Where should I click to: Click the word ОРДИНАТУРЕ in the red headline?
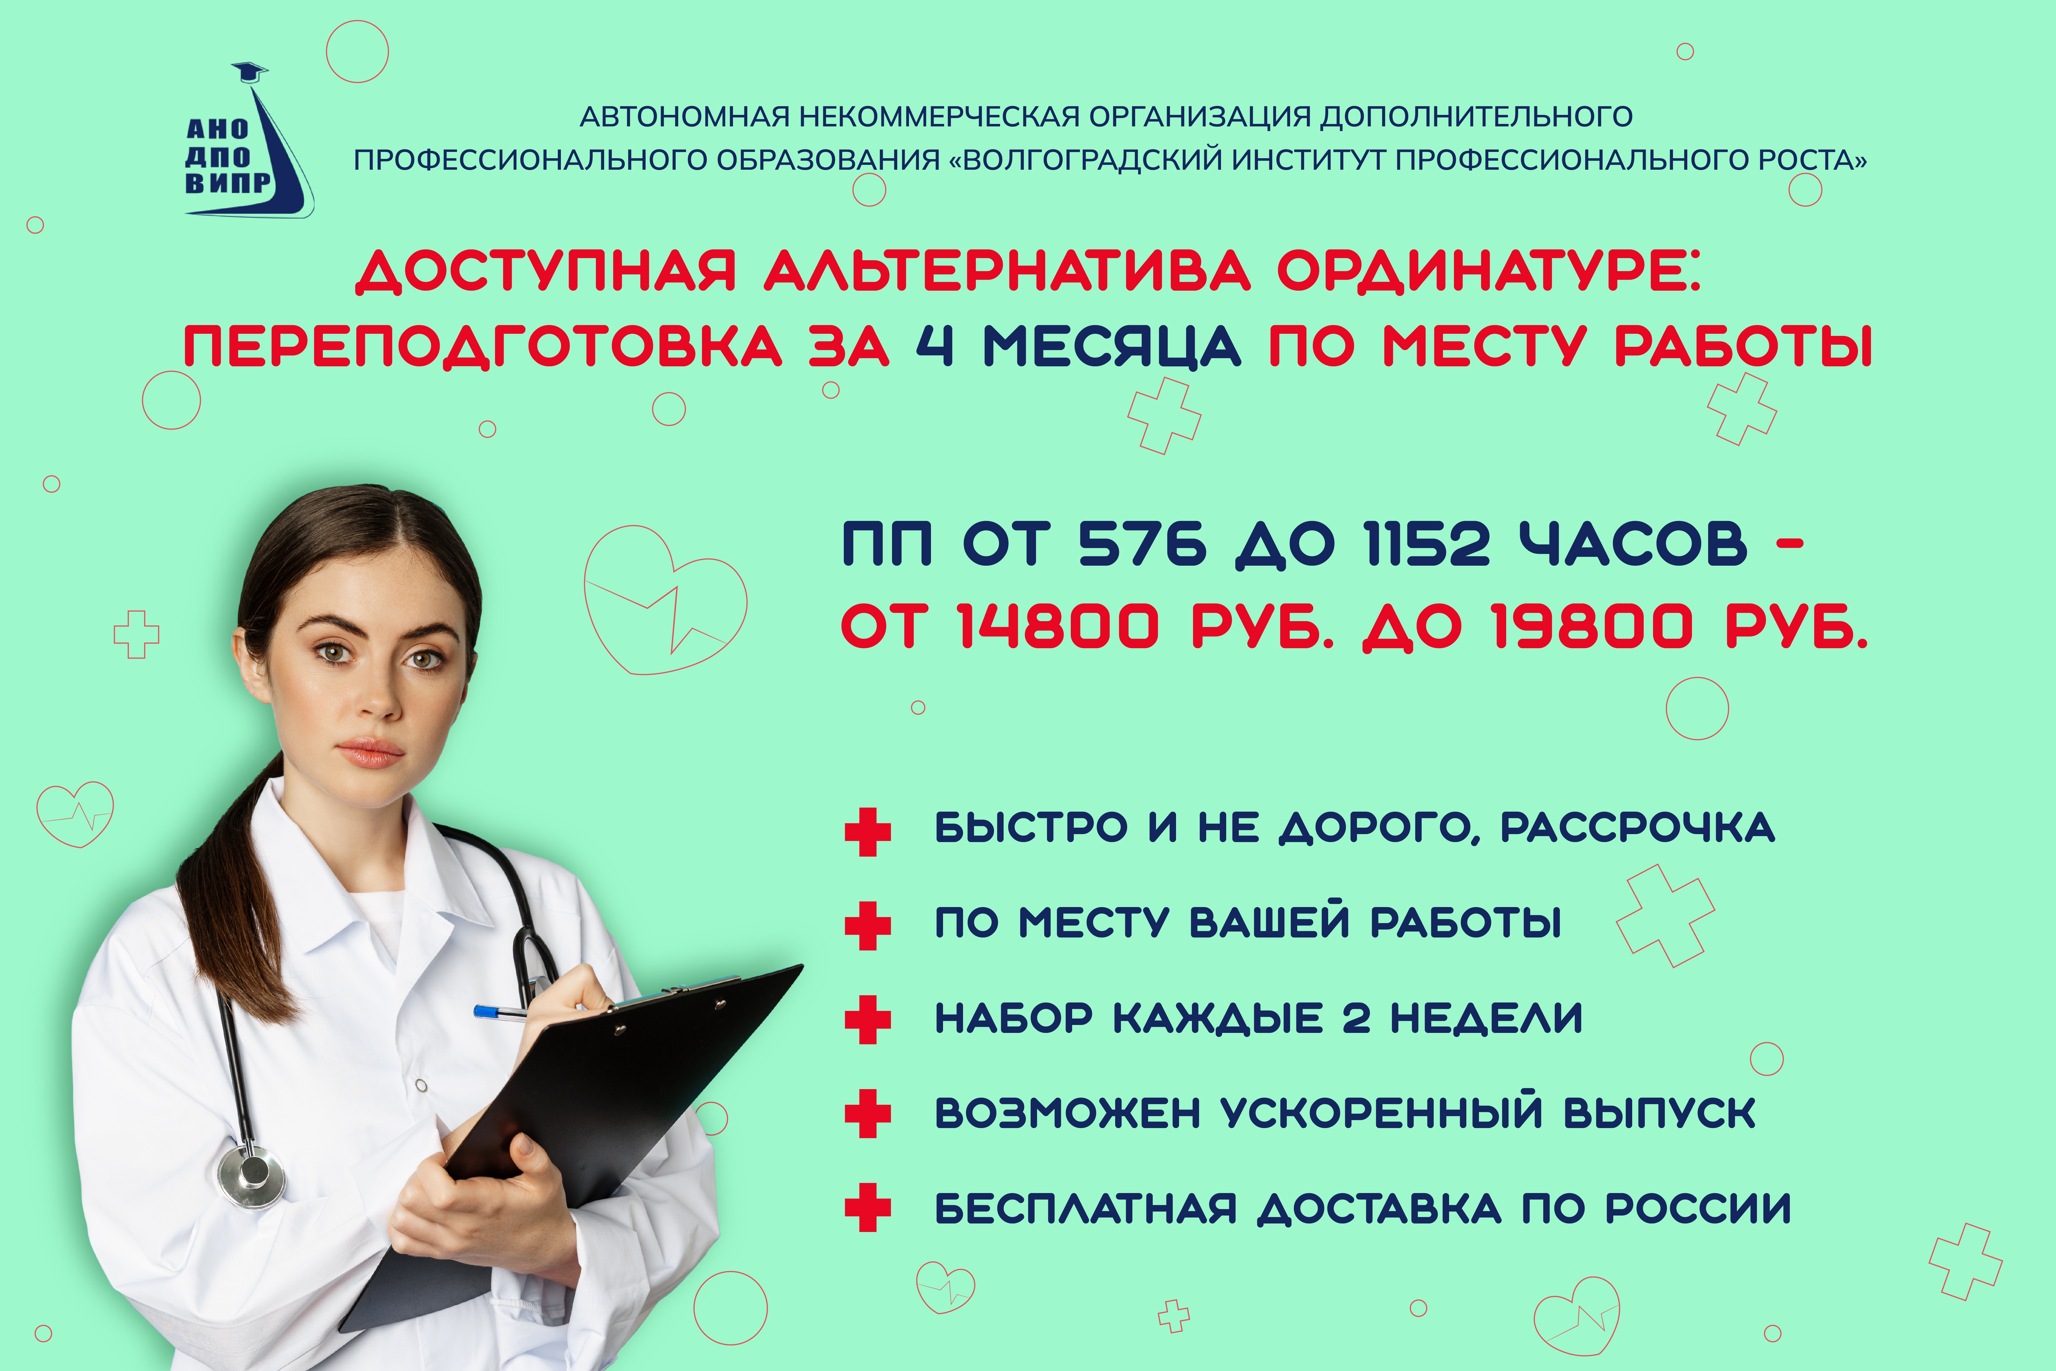(x=1489, y=272)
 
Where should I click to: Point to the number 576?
(x=1142, y=544)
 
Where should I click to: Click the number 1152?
(x=1427, y=544)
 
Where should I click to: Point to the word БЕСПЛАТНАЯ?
(x=1086, y=1208)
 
